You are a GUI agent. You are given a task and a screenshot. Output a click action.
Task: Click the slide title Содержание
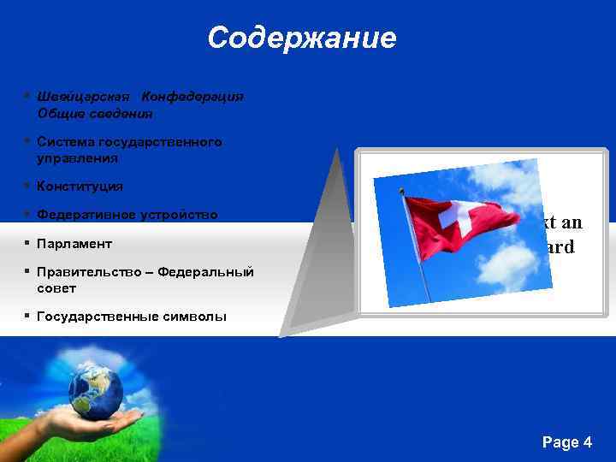pos(301,38)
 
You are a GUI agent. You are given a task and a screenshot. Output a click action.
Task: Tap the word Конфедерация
pos(192,97)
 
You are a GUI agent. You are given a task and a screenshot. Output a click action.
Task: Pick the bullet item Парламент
pos(74,244)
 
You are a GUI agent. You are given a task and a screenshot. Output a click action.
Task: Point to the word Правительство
pos(92,272)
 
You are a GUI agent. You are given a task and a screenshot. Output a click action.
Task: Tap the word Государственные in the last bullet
pos(97,317)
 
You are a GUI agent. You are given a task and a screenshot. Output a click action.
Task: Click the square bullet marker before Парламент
pos(28,243)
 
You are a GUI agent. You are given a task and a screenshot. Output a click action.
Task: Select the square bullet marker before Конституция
pos(28,186)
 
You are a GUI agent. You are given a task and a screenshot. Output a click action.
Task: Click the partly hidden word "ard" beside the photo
pos(560,247)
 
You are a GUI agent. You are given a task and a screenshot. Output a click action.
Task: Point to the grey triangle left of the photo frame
pos(321,248)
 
